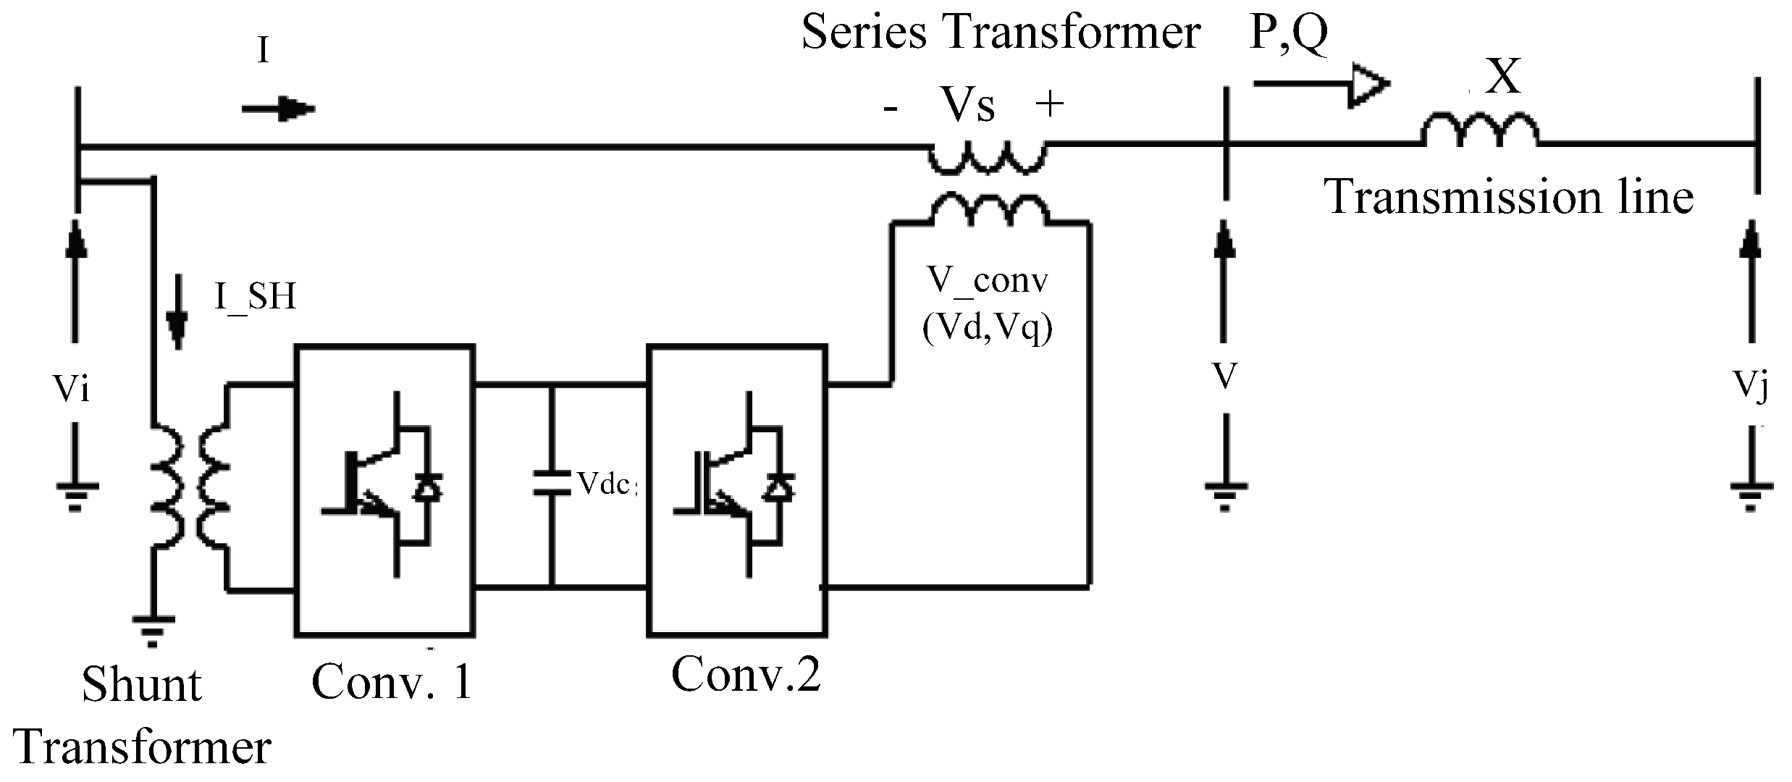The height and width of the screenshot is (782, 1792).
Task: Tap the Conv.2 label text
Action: pyautogui.click(x=746, y=675)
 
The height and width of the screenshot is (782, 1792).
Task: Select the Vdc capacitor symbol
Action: pyautogui.click(x=552, y=483)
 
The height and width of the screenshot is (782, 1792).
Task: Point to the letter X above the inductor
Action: pyautogui.click(x=1503, y=78)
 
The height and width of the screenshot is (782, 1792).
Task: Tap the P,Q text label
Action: pyautogui.click(x=1288, y=34)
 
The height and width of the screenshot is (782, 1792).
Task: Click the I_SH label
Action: pyautogui.click(x=255, y=298)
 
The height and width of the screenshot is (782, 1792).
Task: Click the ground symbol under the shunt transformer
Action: pyautogui.click(x=153, y=630)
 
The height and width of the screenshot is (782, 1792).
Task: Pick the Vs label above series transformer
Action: pyautogui.click(x=967, y=106)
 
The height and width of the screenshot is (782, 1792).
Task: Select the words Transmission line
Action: pyautogui.click(x=1509, y=197)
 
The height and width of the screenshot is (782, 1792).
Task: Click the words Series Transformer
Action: pyautogui.click(x=1001, y=33)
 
